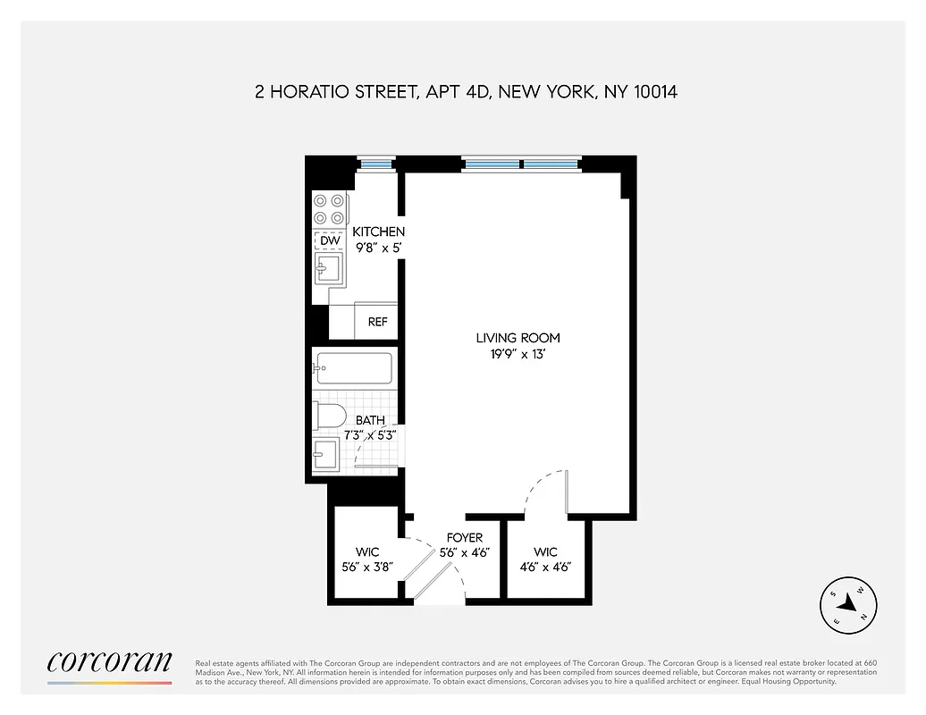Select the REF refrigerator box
tap(377, 322)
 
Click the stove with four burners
tap(330, 210)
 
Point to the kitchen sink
tap(327, 266)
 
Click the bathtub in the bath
tap(353, 368)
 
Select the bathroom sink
tap(325, 453)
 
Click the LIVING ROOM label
tap(518, 338)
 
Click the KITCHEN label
tap(378, 232)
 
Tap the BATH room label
tap(370, 420)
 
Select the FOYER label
tap(465, 538)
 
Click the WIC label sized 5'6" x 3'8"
tap(367, 551)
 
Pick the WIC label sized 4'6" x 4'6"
tap(545, 551)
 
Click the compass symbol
tap(848, 607)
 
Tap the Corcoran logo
tap(109, 663)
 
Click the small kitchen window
tap(375, 163)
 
